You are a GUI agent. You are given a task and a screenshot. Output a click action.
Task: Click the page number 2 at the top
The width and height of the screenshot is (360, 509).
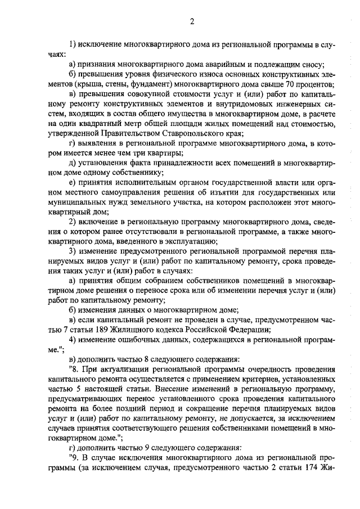pyautogui.click(x=191, y=22)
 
